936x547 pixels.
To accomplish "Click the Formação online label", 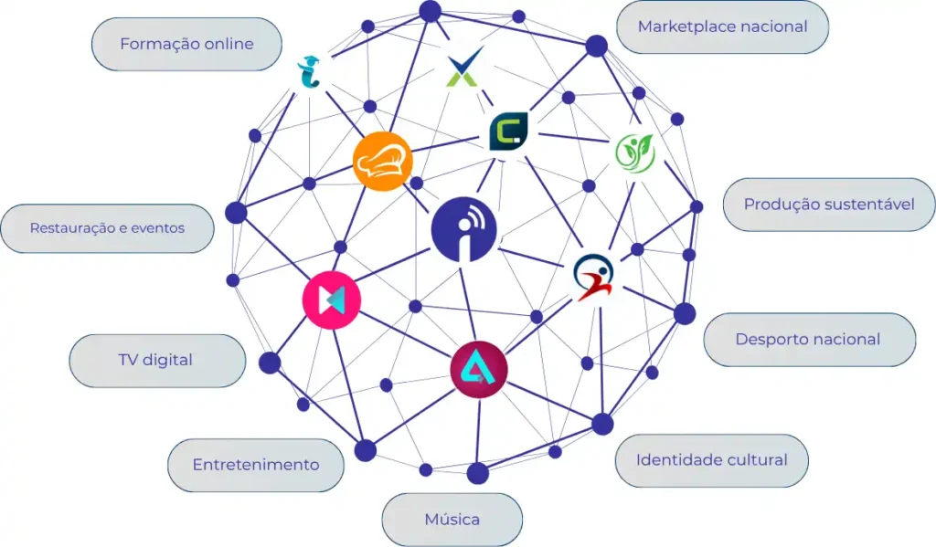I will tap(186, 44).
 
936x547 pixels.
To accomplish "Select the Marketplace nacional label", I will tap(722, 26).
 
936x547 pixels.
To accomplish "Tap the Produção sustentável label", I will tap(828, 205).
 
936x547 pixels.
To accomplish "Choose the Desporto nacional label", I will tap(808, 340).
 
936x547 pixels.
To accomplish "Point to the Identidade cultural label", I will tap(711, 460).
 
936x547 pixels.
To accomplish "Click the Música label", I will tap(452, 520).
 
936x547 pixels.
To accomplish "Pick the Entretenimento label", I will tap(256, 465).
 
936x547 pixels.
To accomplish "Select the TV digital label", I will tap(156, 360).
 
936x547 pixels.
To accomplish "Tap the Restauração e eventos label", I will tap(107, 228).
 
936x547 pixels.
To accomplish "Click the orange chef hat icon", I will tap(383, 162).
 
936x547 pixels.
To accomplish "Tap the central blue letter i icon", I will tap(464, 230).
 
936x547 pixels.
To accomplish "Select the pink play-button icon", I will tap(332, 300).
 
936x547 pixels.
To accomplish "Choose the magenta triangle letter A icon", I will tap(479, 370).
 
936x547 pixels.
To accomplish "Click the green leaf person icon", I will tap(633, 153).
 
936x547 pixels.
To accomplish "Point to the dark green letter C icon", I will tap(509, 131).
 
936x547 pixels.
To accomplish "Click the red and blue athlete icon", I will tap(594, 277).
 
